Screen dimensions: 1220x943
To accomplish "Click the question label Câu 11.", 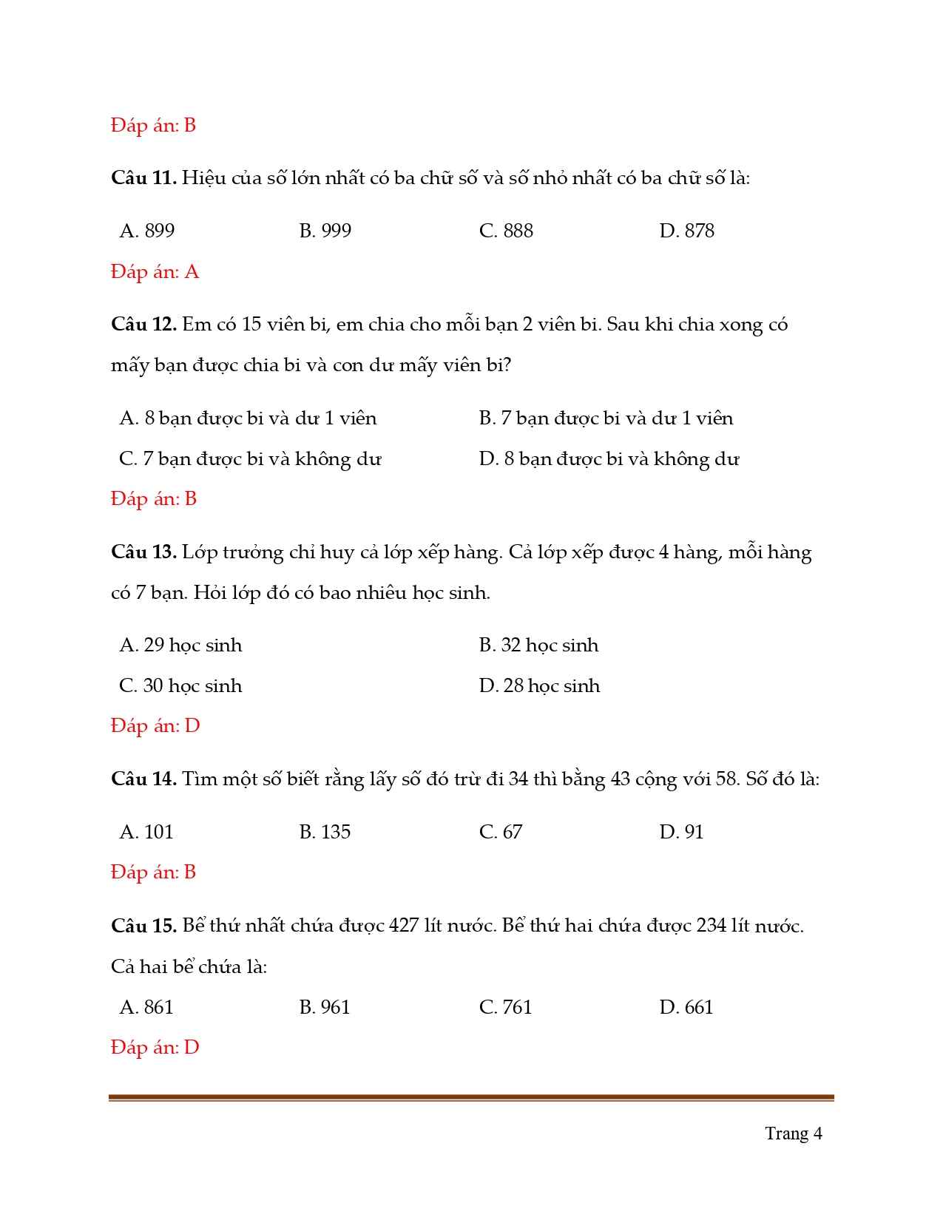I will coord(143,178).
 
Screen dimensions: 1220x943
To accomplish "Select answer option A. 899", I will coord(147,231).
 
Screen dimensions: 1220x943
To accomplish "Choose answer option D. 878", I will coord(686,231).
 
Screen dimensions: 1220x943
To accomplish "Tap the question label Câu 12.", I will coord(143,325).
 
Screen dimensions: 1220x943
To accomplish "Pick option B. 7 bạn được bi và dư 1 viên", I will coord(606,418).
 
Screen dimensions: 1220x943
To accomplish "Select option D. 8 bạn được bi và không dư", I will coord(609,459).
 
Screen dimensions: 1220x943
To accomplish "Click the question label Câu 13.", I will coord(143,552).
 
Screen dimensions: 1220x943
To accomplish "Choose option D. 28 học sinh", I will coord(539,686).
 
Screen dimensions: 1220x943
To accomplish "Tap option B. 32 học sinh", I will coord(538,645).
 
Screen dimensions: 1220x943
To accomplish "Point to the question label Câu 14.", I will coord(143,779).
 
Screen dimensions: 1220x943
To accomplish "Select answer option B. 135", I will coord(325,832).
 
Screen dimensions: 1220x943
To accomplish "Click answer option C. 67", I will coord(501,832).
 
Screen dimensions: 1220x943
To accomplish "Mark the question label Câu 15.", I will coord(143,926).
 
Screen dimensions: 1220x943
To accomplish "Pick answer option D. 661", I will coord(686,1007).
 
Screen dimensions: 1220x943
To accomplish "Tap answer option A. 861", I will coord(146,1007).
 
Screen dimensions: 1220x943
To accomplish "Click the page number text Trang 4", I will coord(793,1133).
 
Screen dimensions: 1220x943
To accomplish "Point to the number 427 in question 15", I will coord(404,926).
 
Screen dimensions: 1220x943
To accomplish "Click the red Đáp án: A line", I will coord(155,272).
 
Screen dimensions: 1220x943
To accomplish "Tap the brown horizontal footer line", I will coord(471,1098).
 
